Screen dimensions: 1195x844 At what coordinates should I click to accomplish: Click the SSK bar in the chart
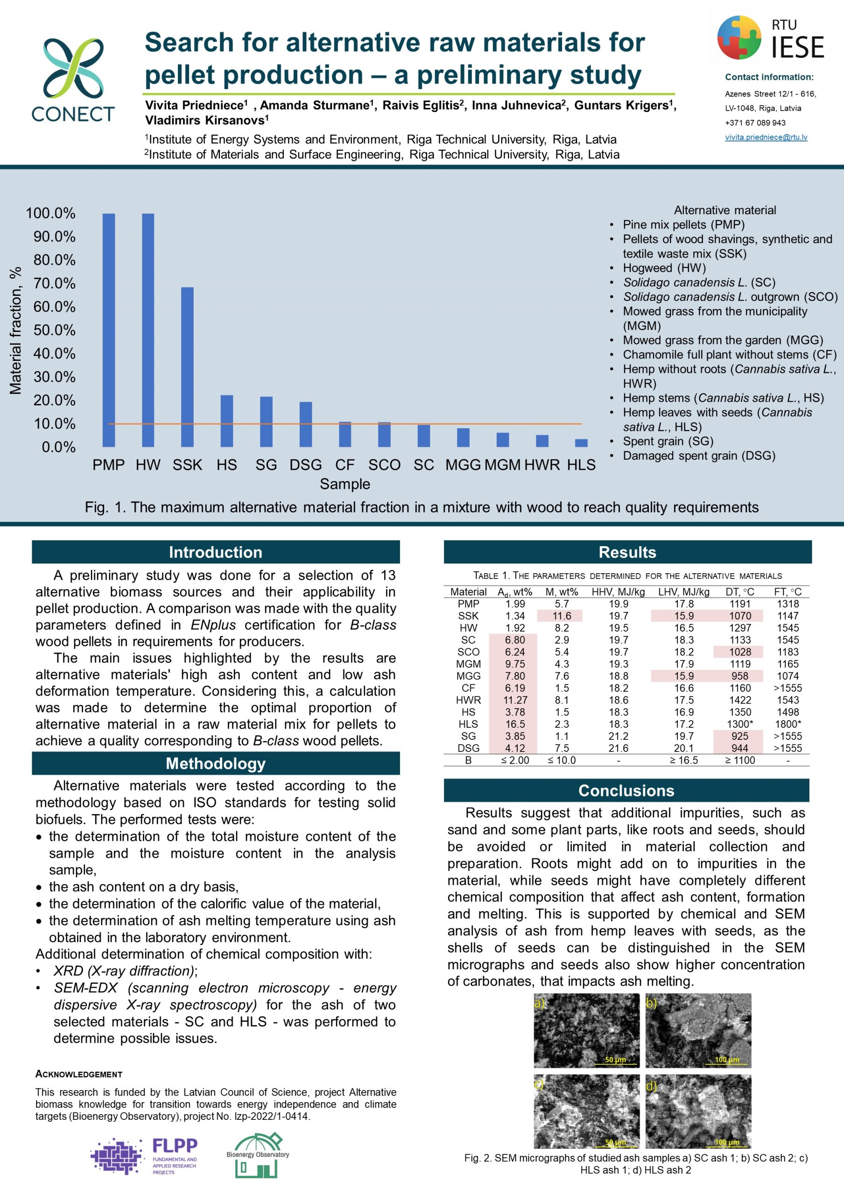pos(187,367)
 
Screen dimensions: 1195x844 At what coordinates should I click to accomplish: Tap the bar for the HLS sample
pos(581,443)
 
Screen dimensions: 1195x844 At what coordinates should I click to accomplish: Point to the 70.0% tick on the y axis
pos(55,283)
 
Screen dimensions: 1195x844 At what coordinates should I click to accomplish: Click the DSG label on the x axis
pos(305,465)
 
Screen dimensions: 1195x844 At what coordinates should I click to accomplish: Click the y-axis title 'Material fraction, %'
pos(15,330)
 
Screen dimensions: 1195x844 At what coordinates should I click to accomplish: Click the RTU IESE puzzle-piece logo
pos(739,37)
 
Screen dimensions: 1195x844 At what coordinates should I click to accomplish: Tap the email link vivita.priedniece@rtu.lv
pos(766,137)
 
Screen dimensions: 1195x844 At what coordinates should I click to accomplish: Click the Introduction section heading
pos(215,552)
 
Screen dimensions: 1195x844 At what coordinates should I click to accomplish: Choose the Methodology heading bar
pos(215,764)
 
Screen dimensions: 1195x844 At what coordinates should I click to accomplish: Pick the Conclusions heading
pos(626,791)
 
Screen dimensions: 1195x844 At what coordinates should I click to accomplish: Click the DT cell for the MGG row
pos(739,676)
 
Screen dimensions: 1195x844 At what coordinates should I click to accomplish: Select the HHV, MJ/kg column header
pos(618,592)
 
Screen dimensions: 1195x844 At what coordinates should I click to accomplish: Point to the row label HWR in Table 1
pos(468,700)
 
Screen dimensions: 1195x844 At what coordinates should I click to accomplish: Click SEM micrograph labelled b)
pos(698,1031)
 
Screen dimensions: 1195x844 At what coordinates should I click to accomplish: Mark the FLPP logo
pos(144,1156)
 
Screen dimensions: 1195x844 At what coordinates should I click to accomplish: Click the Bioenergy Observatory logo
pos(258,1155)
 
